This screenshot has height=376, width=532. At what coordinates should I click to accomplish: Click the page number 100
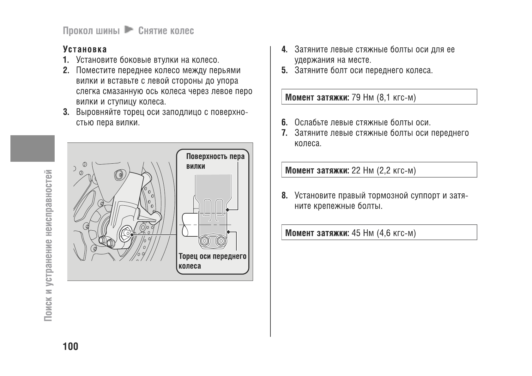[70, 347]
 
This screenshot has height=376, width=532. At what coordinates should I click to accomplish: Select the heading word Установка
[85, 50]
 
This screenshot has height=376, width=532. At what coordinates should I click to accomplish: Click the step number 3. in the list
[66, 112]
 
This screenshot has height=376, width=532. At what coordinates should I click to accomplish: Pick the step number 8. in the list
[285, 196]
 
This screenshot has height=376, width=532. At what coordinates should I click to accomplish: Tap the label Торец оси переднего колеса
[212, 261]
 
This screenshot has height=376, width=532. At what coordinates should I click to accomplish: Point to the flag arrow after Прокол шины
[129, 30]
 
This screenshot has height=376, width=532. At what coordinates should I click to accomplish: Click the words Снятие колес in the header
[166, 31]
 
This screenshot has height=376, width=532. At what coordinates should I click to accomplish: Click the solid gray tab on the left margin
[32, 148]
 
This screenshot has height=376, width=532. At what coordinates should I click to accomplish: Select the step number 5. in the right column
[285, 70]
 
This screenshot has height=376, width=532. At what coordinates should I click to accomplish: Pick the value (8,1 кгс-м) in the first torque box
[396, 97]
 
